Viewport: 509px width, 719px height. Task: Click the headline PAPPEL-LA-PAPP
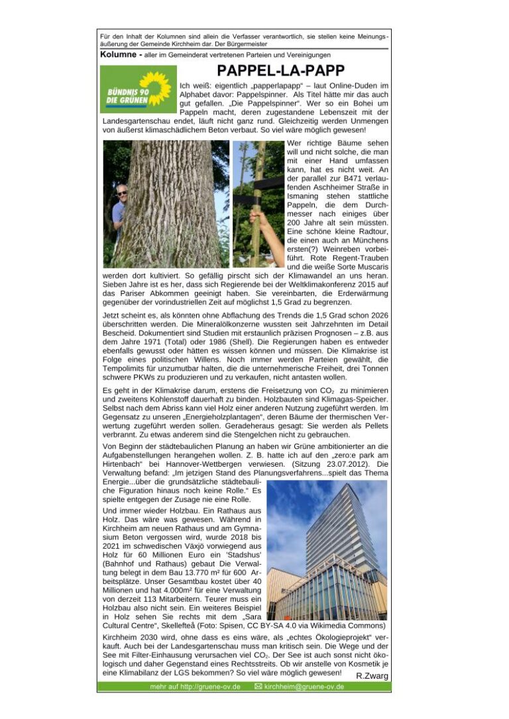[280, 71]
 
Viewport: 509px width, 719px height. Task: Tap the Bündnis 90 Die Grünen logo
[135, 90]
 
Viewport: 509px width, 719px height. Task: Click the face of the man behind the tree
[120, 195]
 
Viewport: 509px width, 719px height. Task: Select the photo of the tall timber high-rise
[329, 550]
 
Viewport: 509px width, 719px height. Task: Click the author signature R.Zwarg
[372, 676]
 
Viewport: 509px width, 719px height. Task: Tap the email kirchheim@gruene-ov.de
[304, 687]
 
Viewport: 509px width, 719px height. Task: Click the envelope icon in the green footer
[258, 687]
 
